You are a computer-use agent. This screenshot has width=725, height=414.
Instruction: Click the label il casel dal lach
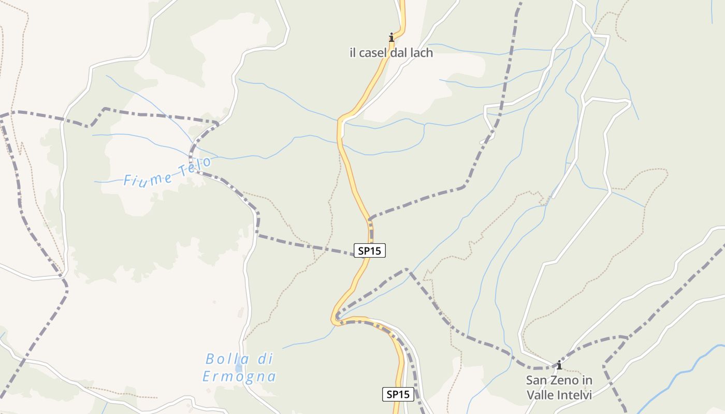(x=391, y=53)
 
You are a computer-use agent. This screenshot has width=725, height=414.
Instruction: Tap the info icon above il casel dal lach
(x=392, y=37)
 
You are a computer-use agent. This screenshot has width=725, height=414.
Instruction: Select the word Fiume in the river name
(x=149, y=178)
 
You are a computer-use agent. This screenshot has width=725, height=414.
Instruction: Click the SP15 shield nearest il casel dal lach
(x=370, y=250)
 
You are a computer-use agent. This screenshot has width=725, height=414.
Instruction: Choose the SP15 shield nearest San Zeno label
(x=398, y=394)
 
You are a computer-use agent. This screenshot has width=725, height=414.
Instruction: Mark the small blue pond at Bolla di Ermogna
(x=238, y=368)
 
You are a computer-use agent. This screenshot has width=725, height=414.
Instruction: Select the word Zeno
(x=563, y=380)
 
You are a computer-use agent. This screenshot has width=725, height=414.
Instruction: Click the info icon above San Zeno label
(x=559, y=365)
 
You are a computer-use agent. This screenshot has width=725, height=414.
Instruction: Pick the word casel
(x=375, y=53)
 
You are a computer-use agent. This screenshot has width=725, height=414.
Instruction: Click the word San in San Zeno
(x=536, y=380)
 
